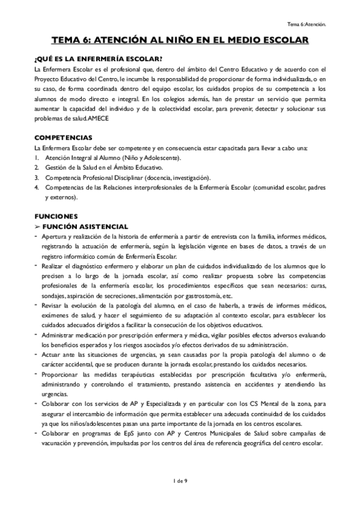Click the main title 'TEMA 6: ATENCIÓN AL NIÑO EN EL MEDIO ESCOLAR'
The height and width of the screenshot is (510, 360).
pos(180,40)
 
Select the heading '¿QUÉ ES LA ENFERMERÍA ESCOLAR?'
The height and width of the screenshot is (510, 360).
pos(98,58)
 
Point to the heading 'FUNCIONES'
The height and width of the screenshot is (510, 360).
pos(56,215)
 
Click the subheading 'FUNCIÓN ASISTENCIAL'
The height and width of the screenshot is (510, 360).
pos(89,226)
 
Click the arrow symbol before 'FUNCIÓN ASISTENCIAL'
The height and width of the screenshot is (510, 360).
pos(37,226)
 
